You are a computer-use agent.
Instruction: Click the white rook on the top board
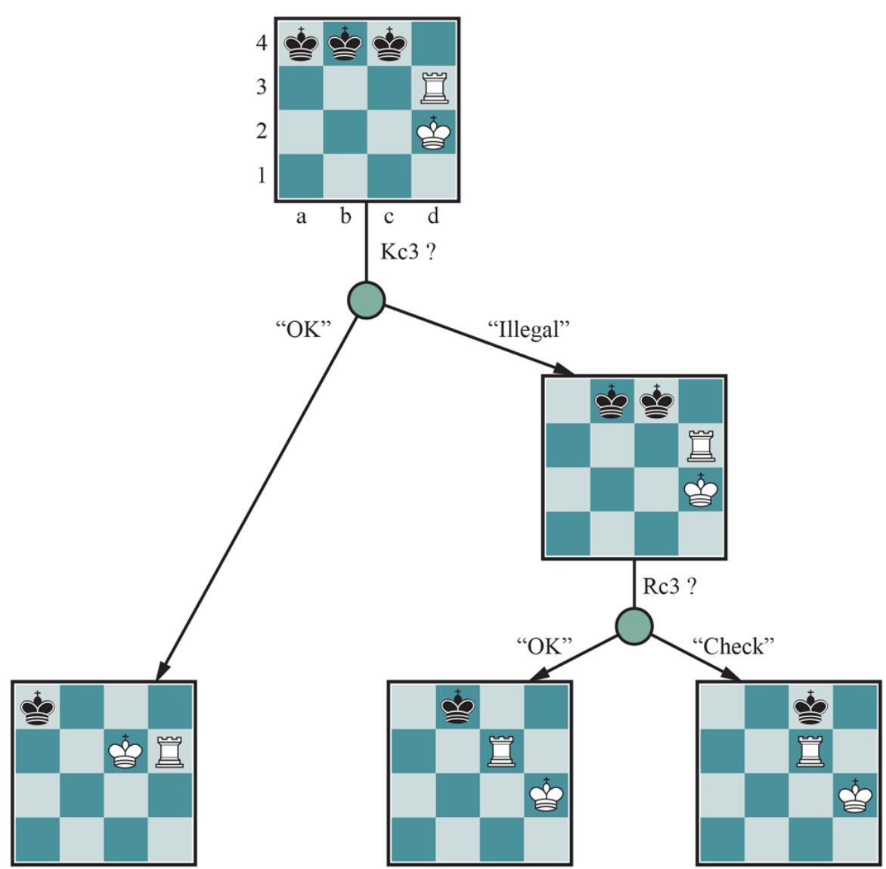pos(433,88)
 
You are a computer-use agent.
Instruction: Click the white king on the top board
pos(433,132)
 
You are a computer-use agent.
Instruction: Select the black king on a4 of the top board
pos(301,44)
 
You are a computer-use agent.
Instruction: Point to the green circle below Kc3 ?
pos(367,300)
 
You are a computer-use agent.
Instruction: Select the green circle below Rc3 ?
pos(634,626)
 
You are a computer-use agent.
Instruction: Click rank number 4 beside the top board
pos(261,44)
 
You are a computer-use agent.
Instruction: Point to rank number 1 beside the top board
pos(261,176)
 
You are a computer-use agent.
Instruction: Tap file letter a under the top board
pos(301,218)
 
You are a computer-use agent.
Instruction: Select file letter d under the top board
pos(433,218)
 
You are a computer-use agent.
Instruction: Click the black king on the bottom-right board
pos(809,707)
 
